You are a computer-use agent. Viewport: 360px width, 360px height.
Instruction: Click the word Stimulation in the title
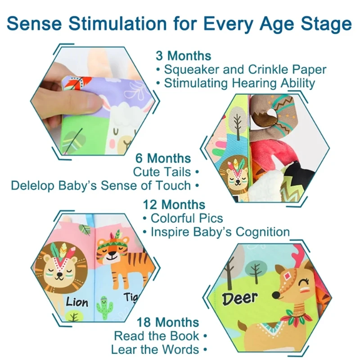[117, 24]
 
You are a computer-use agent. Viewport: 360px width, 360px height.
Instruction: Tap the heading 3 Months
[184, 56]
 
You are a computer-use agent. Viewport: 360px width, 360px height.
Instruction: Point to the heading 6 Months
[163, 158]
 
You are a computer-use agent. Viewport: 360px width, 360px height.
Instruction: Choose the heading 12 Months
[174, 205]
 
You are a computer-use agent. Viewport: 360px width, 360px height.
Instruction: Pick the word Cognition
[263, 232]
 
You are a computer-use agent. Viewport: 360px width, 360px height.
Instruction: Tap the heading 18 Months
[168, 322]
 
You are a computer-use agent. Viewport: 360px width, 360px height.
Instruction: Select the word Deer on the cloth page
[240, 298]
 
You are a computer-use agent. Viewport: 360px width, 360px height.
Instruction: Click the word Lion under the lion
[77, 302]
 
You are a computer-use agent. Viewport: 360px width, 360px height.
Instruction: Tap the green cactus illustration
[104, 308]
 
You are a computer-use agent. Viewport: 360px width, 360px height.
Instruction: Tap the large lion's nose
[60, 275]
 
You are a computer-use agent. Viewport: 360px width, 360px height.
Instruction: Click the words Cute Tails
[162, 172]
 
